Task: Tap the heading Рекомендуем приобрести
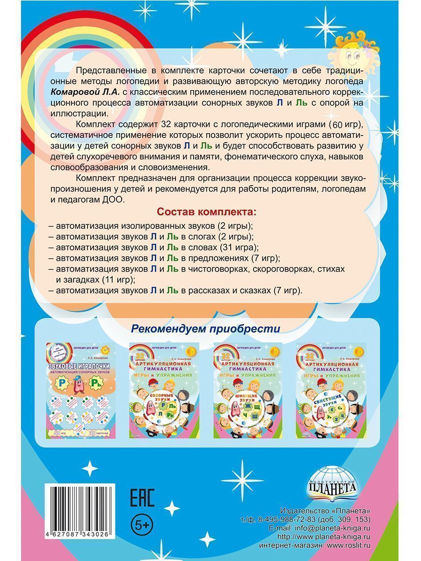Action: click(x=205, y=329)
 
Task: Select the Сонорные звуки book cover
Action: click(x=164, y=390)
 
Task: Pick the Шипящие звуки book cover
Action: click(x=247, y=390)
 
